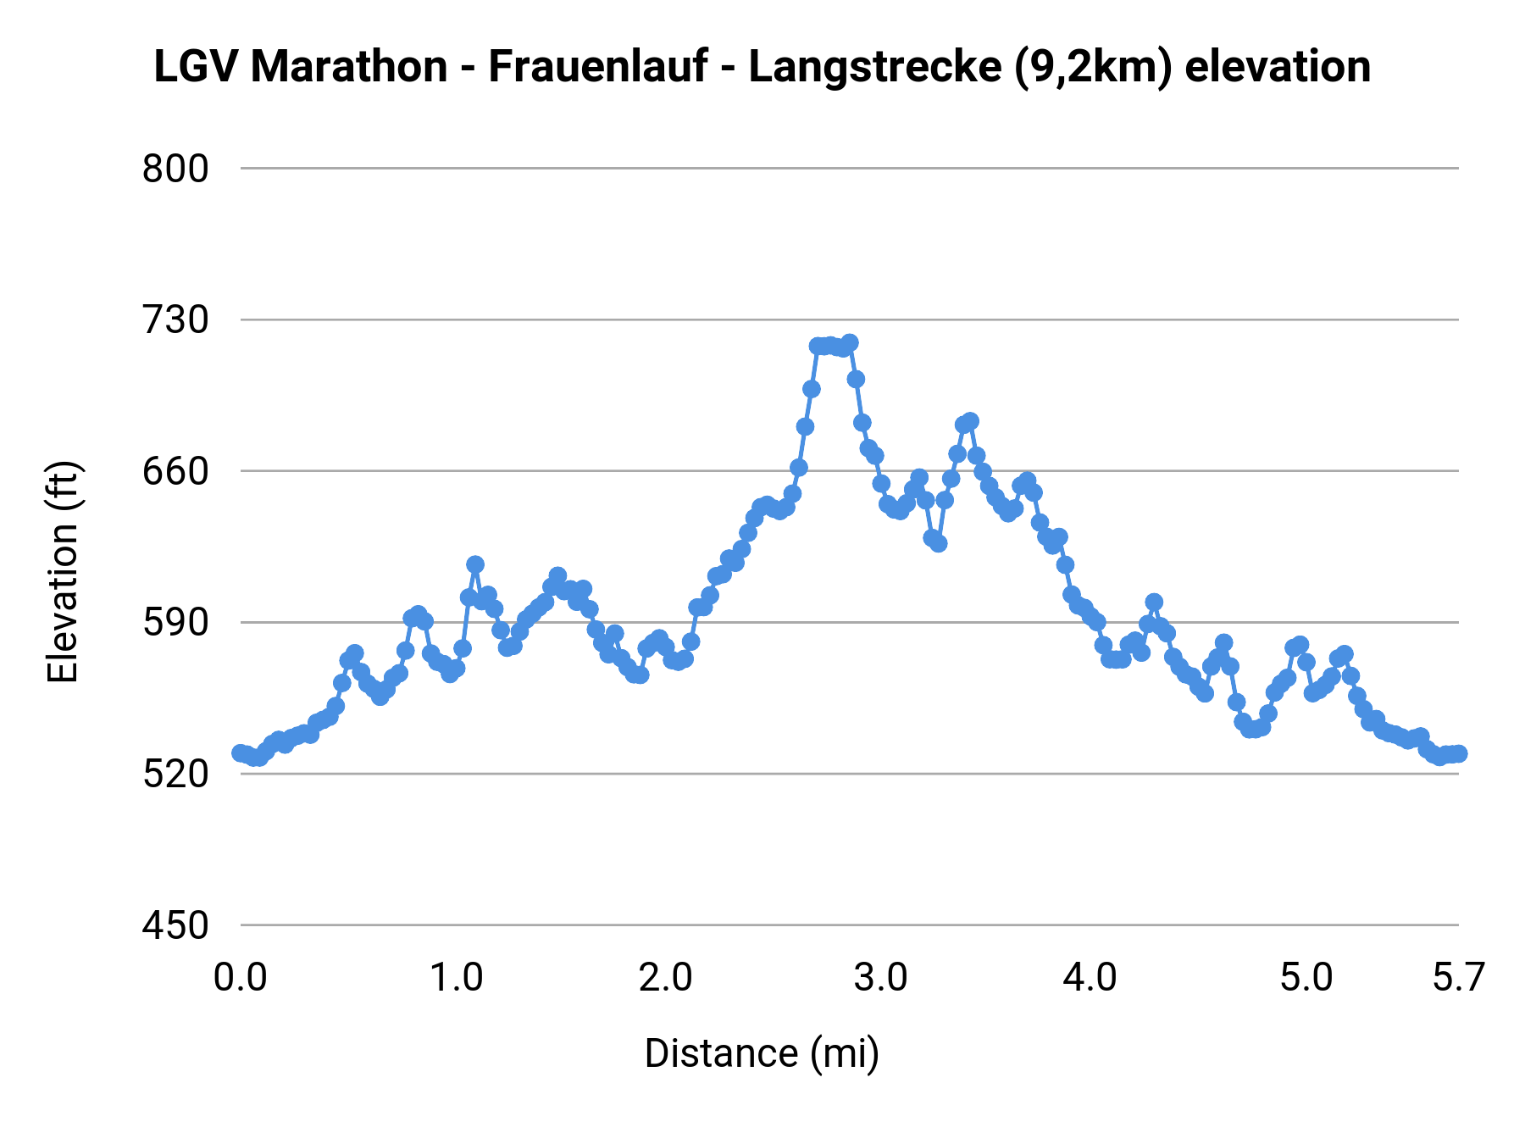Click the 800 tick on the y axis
[x=175, y=169]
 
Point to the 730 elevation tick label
[x=175, y=320]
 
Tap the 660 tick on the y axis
[x=175, y=471]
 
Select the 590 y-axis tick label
[x=175, y=623]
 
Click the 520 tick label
[x=175, y=774]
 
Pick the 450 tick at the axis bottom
[x=175, y=925]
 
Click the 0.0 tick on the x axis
[x=241, y=978]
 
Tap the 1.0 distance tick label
[x=456, y=978]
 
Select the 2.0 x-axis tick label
[x=666, y=978]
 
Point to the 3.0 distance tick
[x=881, y=978]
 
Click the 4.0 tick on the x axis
[x=1091, y=978]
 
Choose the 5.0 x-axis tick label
[x=1306, y=978]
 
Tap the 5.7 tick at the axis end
[x=1458, y=978]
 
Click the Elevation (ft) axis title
[x=63, y=572]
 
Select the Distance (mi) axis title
[x=762, y=1053]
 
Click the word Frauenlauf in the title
[x=597, y=67]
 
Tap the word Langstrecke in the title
[x=874, y=67]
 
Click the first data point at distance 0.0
[x=241, y=753]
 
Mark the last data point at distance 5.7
[x=1458, y=753]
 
